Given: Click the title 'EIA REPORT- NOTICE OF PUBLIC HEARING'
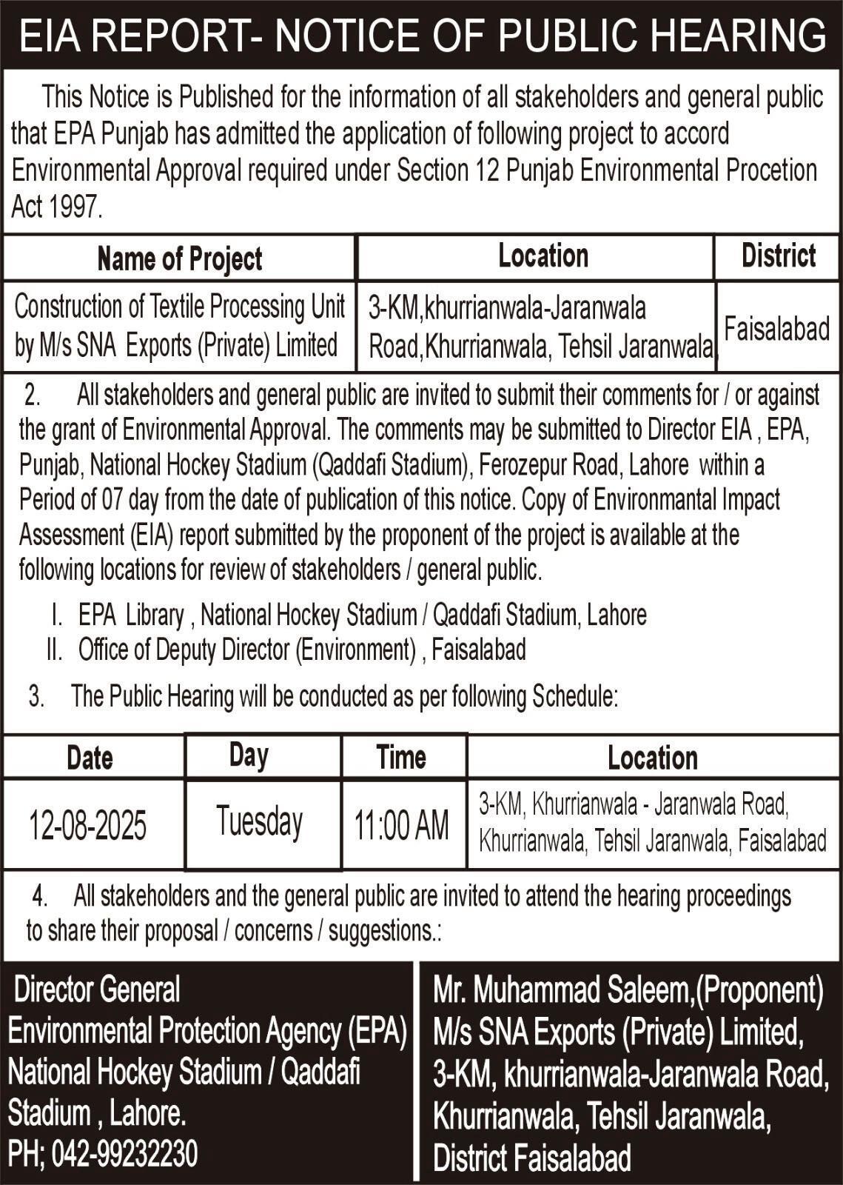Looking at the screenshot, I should [x=422, y=35].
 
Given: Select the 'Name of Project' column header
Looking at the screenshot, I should [x=179, y=258].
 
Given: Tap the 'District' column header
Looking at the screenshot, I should [x=778, y=256].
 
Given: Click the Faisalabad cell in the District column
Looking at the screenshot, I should [x=776, y=328].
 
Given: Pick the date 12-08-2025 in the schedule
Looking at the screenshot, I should [x=87, y=825].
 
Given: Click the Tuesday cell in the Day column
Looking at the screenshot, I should [x=260, y=822].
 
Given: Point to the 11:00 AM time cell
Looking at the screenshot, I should [x=401, y=825].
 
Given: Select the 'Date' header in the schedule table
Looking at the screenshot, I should [x=90, y=758].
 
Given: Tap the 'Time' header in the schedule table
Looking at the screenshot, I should [x=401, y=757].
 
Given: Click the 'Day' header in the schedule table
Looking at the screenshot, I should [x=249, y=755].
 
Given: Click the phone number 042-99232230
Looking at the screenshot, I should [x=124, y=1154].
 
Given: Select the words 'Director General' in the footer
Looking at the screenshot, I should [x=97, y=989].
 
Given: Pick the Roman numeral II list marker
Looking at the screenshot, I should [x=54, y=650].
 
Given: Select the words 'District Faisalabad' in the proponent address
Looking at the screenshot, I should [x=531, y=1158].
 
